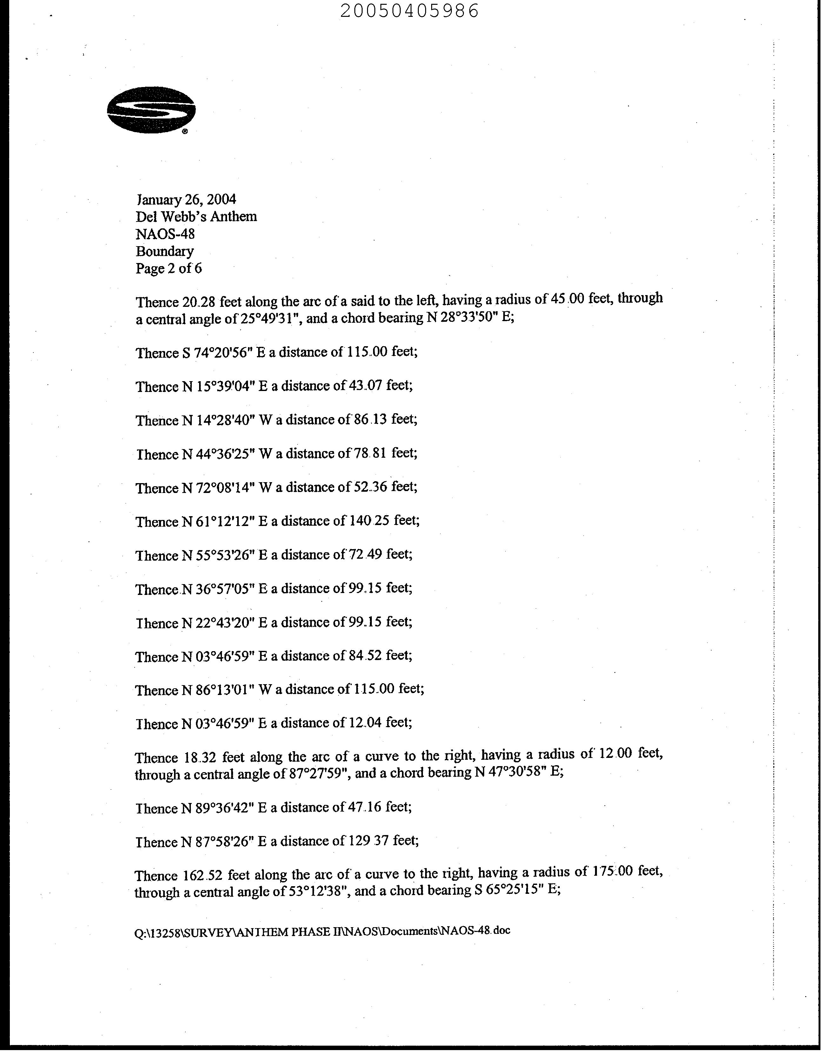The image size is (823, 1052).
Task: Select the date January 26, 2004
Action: pyautogui.click(x=186, y=199)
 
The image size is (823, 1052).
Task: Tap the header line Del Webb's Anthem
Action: pyautogui.click(x=196, y=216)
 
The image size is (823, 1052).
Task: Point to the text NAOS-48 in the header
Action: pyautogui.click(x=165, y=234)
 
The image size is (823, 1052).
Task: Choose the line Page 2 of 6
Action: pyautogui.click(x=169, y=268)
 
